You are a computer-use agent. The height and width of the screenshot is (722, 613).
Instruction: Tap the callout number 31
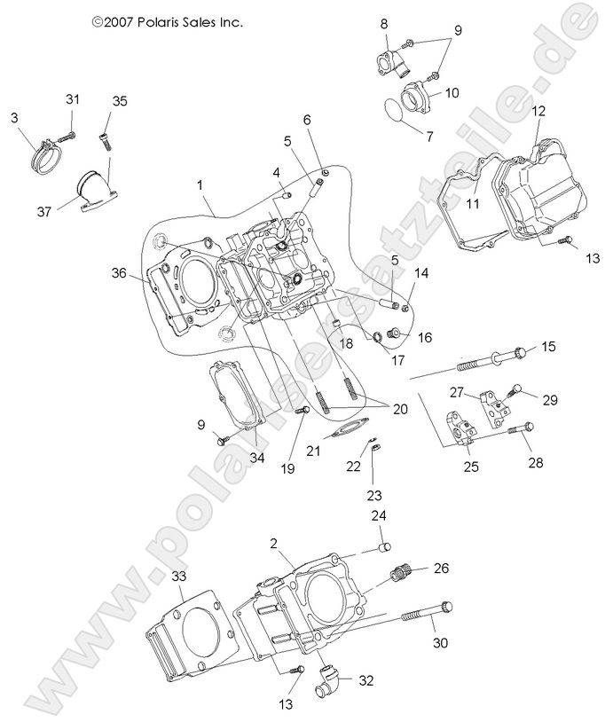point(73,98)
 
